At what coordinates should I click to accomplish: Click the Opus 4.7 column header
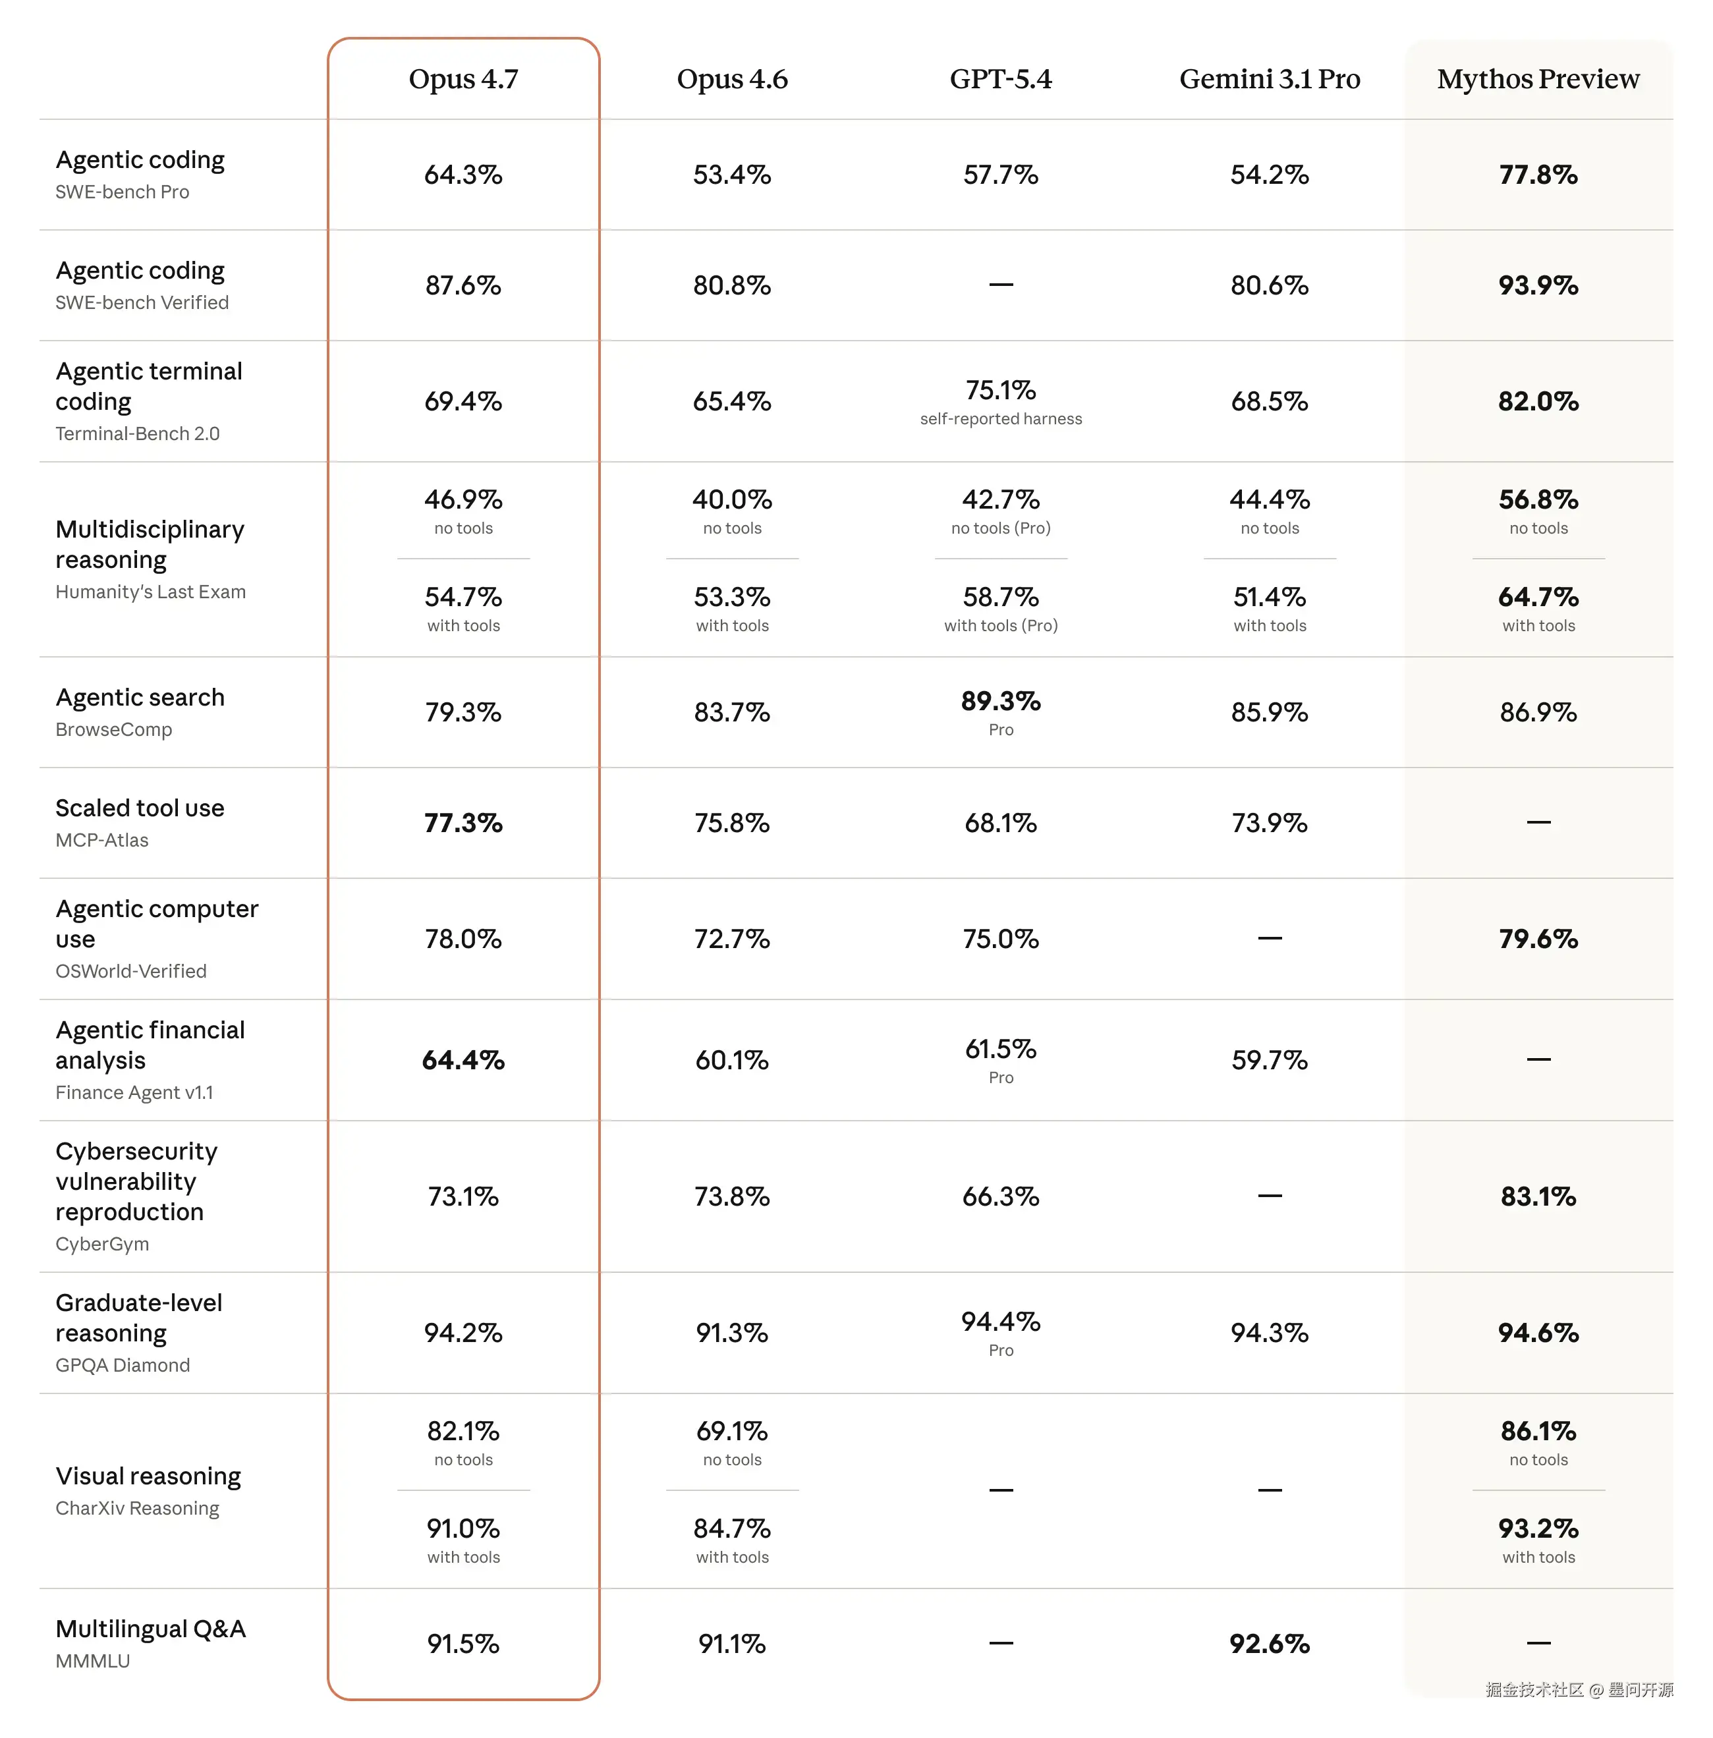463,79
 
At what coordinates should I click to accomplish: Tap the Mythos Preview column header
1538,79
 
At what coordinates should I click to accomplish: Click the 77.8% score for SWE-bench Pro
1538,175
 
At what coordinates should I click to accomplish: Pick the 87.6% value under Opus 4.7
463,285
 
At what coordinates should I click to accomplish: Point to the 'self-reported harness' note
1000,419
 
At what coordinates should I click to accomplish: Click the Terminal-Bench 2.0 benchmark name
138,434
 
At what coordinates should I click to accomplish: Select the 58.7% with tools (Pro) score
1000,598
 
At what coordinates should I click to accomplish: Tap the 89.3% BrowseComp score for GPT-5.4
1000,702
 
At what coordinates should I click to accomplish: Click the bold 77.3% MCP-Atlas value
463,823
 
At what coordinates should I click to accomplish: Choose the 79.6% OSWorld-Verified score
1538,939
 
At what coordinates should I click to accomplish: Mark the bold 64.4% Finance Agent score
463,1061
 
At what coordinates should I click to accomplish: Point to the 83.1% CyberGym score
1538,1197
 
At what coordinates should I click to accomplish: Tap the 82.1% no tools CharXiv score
463,1431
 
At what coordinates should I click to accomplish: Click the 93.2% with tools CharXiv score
1538,1529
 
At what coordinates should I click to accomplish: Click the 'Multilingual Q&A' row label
150,1629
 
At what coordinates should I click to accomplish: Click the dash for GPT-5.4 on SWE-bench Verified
1000,285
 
